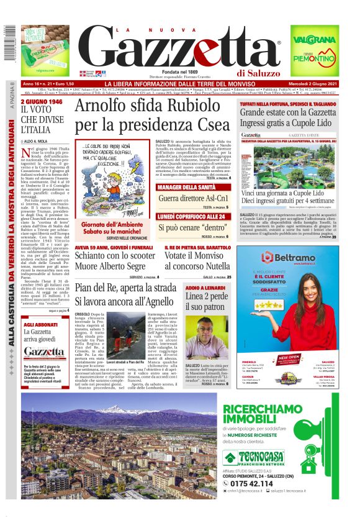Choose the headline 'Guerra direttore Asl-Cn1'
click(194, 199)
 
